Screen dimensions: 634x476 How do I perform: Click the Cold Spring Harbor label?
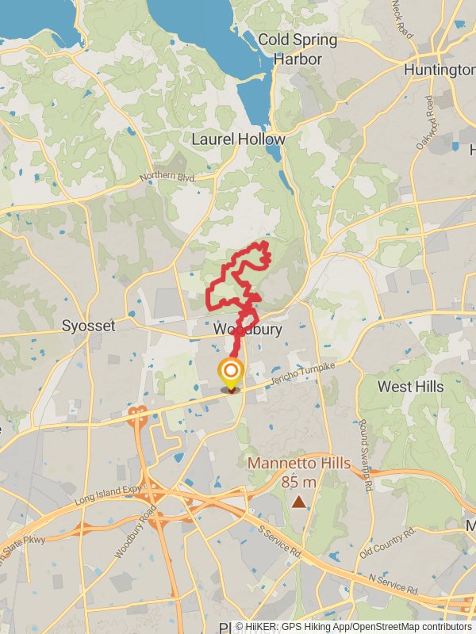pyautogui.click(x=297, y=49)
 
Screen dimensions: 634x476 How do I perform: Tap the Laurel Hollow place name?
pyautogui.click(x=238, y=139)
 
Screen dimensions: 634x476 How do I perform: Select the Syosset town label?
pyautogui.click(x=88, y=326)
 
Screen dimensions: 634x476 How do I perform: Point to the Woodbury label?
pyautogui.click(x=248, y=329)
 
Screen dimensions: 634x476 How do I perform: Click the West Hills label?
pyautogui.click(x=411, y=386)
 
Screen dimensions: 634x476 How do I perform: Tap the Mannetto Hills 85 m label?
pyautogui.click(x=298, y=472)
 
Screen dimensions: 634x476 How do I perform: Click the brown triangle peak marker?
pyautogui.click(x=298, y=501)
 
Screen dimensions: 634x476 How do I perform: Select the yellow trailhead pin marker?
pyautogui.click(x=231, y=372)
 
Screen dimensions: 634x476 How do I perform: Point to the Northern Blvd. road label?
pyautogui.click(x=167, y=178)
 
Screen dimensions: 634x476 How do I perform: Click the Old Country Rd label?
pyautogui.click(x=387, y=544)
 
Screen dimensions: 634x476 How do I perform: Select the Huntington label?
pyautogui.click(x=439, y=70)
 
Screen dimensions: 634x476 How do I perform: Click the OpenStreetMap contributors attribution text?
pyautogui.click(x=413, y=626)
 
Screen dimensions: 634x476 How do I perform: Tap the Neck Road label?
pyautogui.click(x=402, y=18)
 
